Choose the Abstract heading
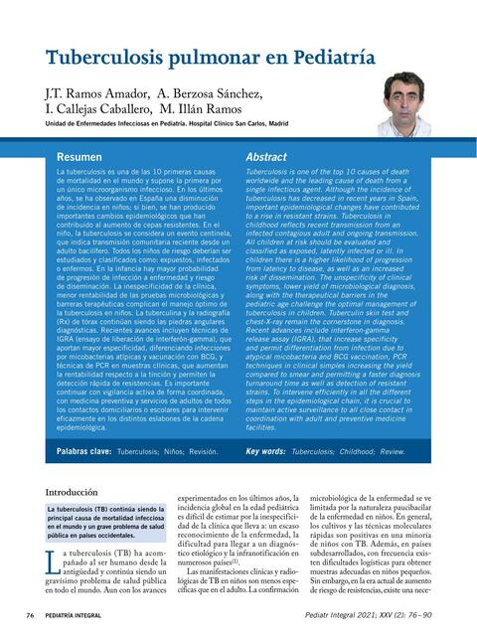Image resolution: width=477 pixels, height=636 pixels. pyautogui.click(x=265, y=157)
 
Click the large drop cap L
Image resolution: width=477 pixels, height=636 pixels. pyautogui.click(x=55, y=563)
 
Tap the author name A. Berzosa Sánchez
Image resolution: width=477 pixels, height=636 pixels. pyautogui.click(x=210, y=94)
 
